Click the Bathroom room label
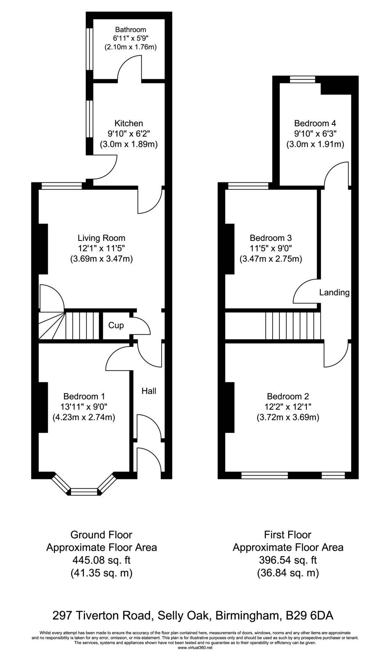pyautogui.click(x=131, y=29)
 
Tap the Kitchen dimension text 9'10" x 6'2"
pyautogui.click(x=129, y=134)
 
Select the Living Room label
pyautogui.click(x=101, y=239)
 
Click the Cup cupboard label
pyautogui.click(x=116, y=326)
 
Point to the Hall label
pyautogui.click(x=149, y=391)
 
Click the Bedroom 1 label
pyautogui.click(x=84, y=397)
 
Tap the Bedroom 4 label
pyautogui.click(x=315, y=123)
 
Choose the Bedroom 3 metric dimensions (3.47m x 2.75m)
pyautogui.click(x=271, y=259)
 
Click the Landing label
pyautogui.click(x=334, y=293)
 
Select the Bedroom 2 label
pyautogui.click(x=288, y=397)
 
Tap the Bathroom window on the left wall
pyautogui.click(x=90, y=49)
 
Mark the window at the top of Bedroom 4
pyautogui.click(x=303, y=79)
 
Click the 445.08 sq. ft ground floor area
pyautogui.click(x=101, y=560)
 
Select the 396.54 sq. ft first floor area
pyautogui.click(x=288, y=560)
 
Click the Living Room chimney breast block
pyautogui.click(x=43, y=249)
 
